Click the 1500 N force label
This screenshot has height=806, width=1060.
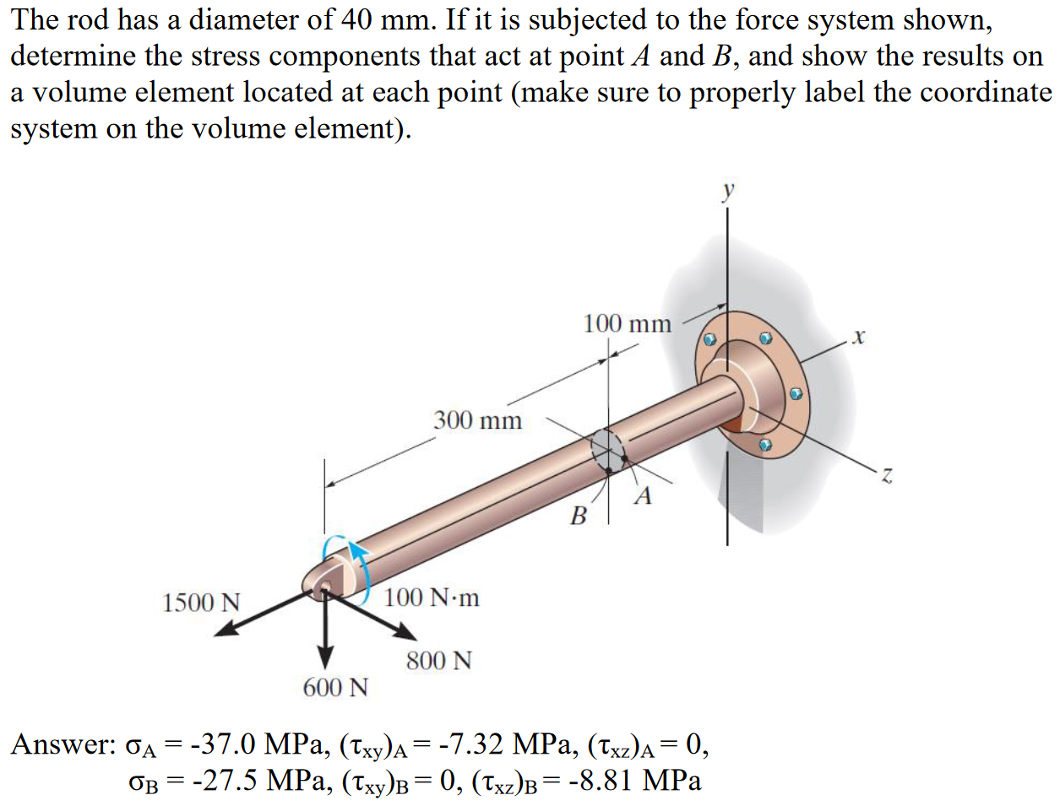[x=201, y=603]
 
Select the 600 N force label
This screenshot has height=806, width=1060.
[x=335, y=688]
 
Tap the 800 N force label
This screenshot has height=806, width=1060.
[x=438, y=660]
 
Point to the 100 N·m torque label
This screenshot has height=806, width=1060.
[x=432, y=598]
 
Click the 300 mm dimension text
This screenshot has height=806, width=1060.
[x=477, y=419]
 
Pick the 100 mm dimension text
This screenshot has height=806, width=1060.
[x=627, y=323]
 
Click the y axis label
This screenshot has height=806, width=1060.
[x=728, y=191]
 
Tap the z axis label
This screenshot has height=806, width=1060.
[x=886, y=477]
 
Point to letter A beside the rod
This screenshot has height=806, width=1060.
[x=644, y=495]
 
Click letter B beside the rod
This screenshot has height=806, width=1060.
[x=579, y=515]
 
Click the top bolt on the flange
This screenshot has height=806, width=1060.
[x=765, y=338]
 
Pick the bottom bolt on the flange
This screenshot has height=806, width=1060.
[x=765, y=444]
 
